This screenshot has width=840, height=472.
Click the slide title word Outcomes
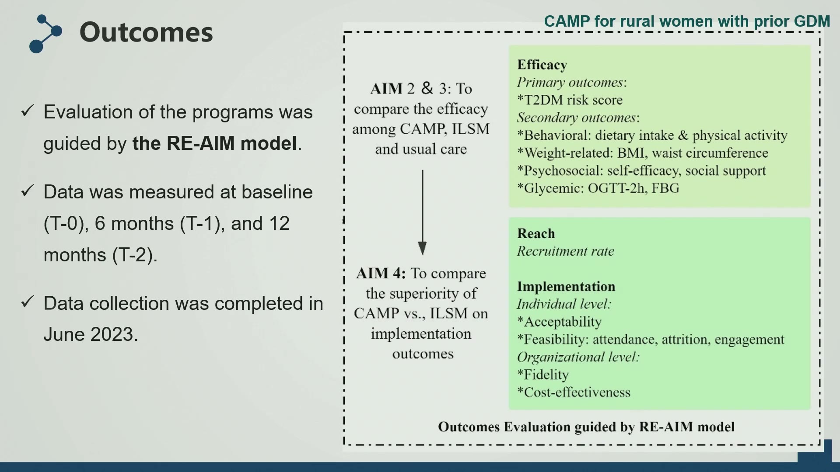(x=146, y=32)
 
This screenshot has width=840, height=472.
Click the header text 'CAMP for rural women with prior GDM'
(x=687, y=21)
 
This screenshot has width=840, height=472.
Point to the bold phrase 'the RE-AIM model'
(x=214, y=143)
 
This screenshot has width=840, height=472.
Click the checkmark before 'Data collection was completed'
(x=28, y=301)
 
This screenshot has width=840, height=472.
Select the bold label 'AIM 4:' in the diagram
(x=381, y=273)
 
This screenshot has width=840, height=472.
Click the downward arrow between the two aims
(x=422, y=212)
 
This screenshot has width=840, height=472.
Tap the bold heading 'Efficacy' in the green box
(x=542, y=65)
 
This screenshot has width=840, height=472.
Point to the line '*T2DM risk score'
(x=570, y=100)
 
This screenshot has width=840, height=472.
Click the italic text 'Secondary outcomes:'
(x=578, y=118)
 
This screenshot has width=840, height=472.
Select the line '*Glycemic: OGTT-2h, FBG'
(x=598, y=188)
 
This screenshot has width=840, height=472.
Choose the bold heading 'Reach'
(x=536, y=233)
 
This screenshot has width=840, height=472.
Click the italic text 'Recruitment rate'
(x=566, y=251)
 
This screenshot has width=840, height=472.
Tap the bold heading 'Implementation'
(x=566, y=286)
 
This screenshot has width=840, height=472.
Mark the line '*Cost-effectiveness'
(x=574, y=392)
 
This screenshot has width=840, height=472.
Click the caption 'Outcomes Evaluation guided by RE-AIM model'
(x=586, y=427)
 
